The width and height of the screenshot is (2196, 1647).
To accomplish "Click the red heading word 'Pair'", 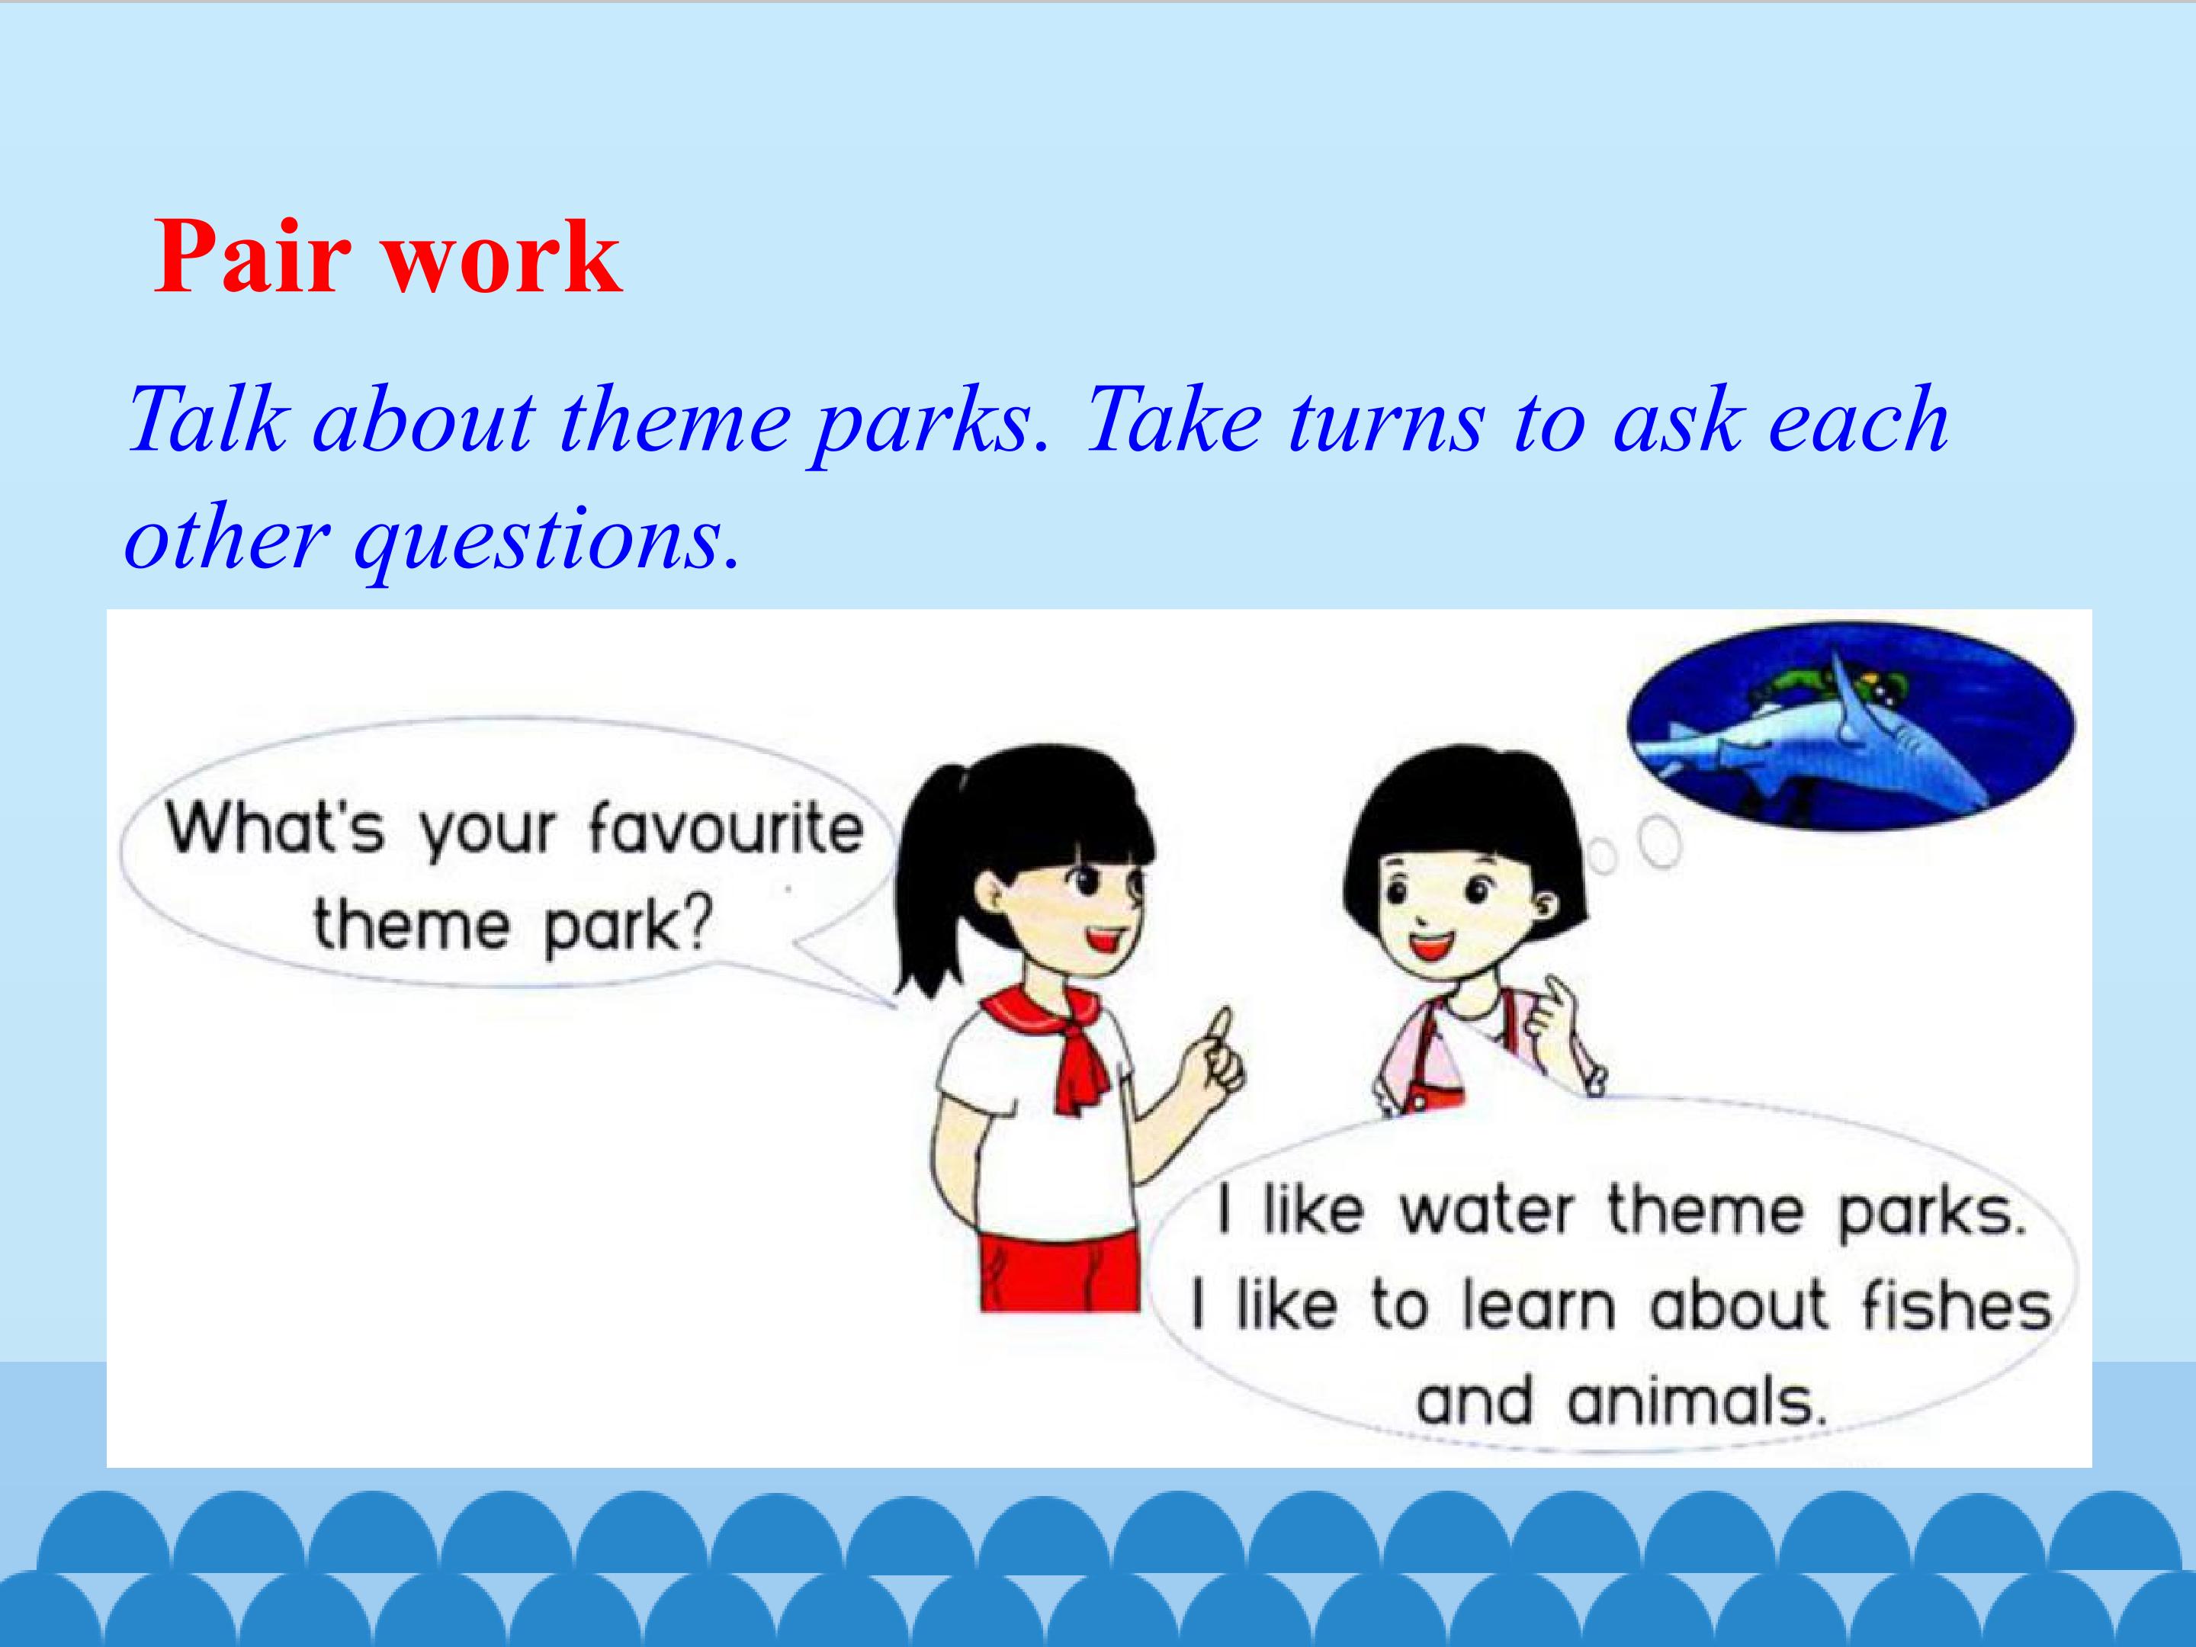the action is pyautogui.click(x=252, y=255).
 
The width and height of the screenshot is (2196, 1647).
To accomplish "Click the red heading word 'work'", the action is pyautogui.click(x=503, y=255).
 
